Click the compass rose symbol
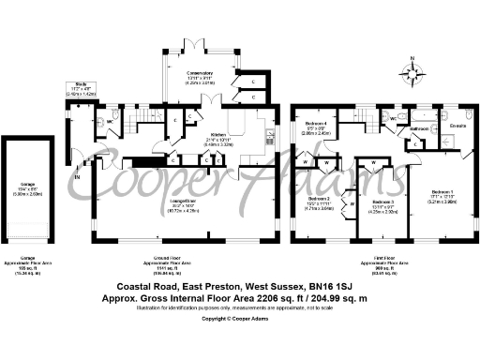[412, 69]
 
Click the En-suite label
[458, 124]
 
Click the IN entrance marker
[79, 175]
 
